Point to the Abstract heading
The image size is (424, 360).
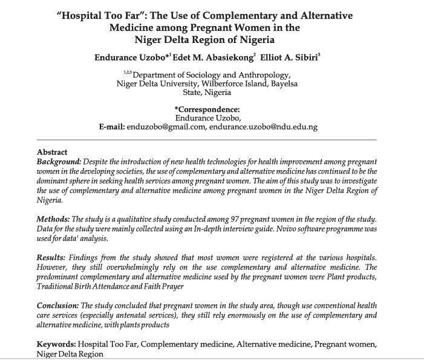tap(52, 152)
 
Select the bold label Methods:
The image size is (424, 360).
tap(53, 218)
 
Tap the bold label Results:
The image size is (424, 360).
tap(52, 258)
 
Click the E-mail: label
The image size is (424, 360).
tap(112, 127)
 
